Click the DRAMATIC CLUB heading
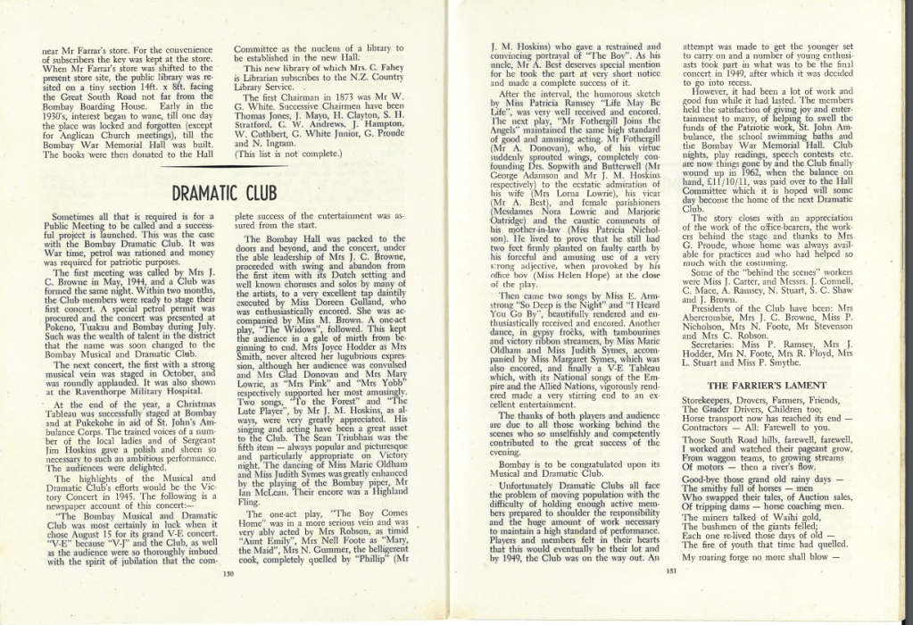coord(223,193)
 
